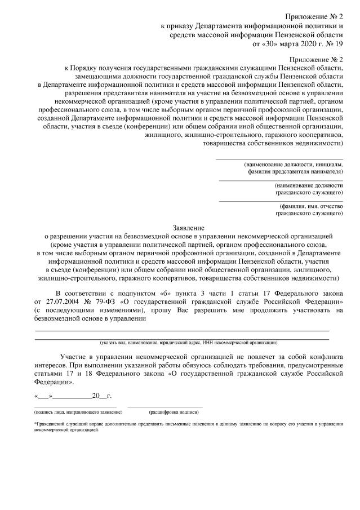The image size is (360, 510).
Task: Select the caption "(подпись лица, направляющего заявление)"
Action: point(75,413)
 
